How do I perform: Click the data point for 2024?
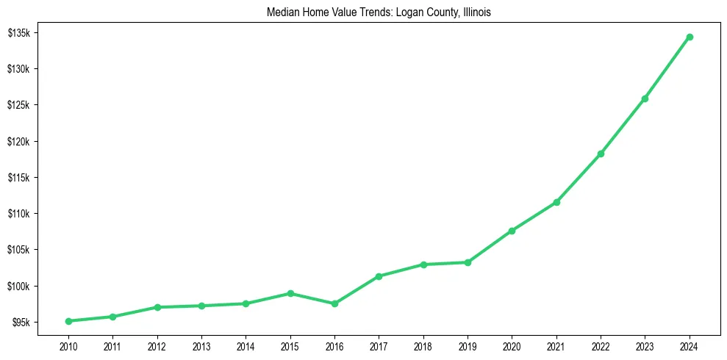click(x=690, y=37)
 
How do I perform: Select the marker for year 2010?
click(x=68, y=321)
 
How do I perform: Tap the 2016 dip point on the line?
click(x=334, y=303)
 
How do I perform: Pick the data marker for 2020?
click(x=512, y=231)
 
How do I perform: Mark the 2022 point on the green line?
click(x=601, y=154)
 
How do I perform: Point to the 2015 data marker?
click(x=290, y=293)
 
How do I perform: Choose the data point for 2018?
click(x=423, y=264)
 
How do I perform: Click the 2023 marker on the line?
click(x=645, y=98)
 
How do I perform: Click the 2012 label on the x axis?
click(x=157, y=345)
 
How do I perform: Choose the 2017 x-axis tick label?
click(x=379, y=345)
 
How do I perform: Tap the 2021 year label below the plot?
click(x=556, y=345)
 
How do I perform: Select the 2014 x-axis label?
click(x=246, y=345)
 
